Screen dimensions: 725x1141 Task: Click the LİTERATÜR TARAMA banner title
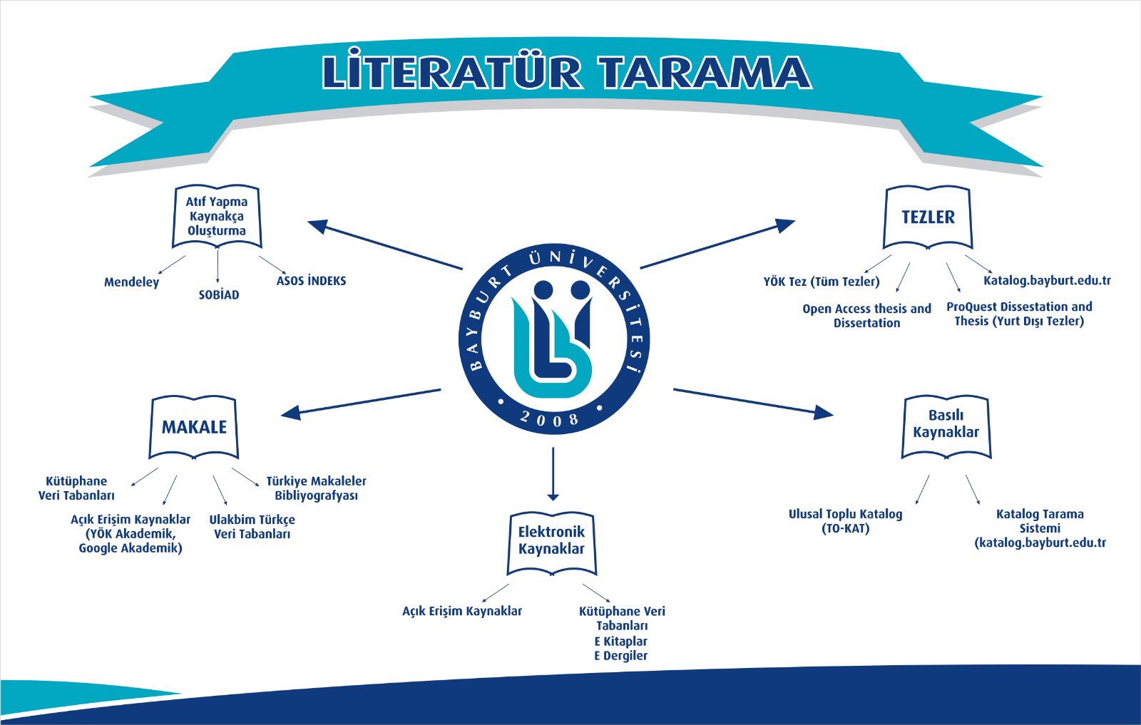[567, 72]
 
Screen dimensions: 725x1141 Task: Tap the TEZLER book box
[928, 217]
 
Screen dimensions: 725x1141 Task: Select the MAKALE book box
[194, 427]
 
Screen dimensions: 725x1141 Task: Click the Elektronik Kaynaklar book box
[551, 541]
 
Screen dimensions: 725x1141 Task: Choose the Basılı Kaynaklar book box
[946, 425]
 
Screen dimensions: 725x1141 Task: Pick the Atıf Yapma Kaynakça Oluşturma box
[217, 216]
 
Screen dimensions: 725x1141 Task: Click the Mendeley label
[132, 282]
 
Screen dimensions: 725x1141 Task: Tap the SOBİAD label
[219, 295]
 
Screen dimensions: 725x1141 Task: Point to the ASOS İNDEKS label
[311, 281]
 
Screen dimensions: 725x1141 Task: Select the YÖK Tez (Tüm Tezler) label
[822, 282]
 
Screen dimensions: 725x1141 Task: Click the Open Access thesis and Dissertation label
[866, 316]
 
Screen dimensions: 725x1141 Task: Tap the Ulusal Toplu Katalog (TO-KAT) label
[846, 521]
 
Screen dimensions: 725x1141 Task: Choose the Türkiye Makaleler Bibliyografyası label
[316, 488]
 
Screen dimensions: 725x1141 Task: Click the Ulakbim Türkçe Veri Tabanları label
[252, 527]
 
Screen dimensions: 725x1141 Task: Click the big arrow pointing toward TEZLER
[717, 245]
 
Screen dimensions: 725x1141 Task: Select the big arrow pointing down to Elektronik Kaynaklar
[553, 474]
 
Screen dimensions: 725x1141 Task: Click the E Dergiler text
[620, 656]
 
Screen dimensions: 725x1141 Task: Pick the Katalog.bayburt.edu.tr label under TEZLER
[1047, 281]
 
